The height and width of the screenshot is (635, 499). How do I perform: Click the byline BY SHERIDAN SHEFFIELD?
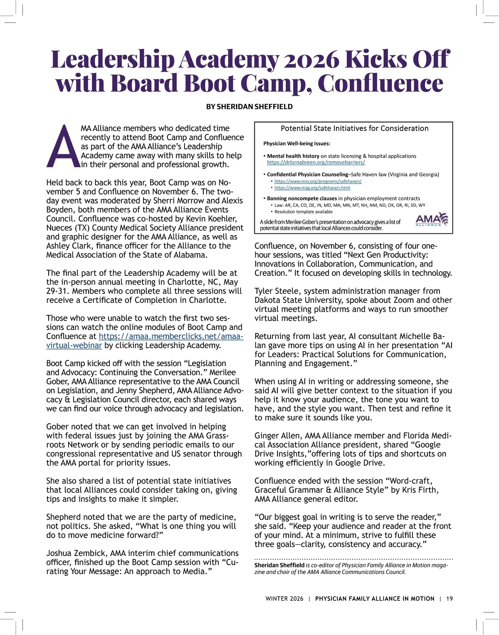tap(249, 107)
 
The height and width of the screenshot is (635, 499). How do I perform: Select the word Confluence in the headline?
tap(380, 83)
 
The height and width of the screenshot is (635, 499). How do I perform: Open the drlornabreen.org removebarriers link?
tap(316, 162)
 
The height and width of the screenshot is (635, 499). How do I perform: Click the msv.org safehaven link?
tap(318, 181)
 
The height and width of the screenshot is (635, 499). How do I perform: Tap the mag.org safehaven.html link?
tap(312, 188)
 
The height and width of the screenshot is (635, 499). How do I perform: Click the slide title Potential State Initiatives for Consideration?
tap(354, 129)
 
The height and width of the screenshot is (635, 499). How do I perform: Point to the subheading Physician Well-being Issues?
tap(296, 144)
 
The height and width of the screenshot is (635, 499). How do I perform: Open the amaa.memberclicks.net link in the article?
tap(170, 336)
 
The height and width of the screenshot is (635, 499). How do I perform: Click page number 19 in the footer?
tap(450, 598)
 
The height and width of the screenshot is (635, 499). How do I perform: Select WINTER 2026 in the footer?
tap(284, 598)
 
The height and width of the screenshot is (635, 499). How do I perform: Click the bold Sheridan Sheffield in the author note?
tap(279, 565)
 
